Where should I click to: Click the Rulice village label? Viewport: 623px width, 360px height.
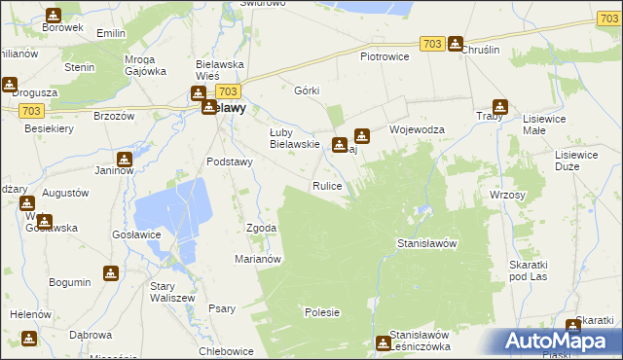click(326, 185)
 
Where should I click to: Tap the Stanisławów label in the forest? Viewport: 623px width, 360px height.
click(427, 243)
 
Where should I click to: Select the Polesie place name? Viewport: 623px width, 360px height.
click(321, 312)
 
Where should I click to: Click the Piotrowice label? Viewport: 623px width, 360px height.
click(385, 56)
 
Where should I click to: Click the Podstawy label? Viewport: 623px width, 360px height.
click(230, 162)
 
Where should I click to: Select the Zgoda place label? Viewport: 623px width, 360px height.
click(261, 228)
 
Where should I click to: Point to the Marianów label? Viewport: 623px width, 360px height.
click(258, 259)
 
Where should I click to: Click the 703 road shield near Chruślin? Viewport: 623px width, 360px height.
click(433, 44)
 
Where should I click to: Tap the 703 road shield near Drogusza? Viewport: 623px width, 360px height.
click(30, 112)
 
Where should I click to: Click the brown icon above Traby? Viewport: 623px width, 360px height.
click(500, 108)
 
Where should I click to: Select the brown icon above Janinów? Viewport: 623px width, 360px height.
click(125, 160)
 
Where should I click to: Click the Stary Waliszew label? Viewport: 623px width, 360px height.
click(169, 293)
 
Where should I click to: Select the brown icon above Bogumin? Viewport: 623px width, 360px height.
click(111, 273)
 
